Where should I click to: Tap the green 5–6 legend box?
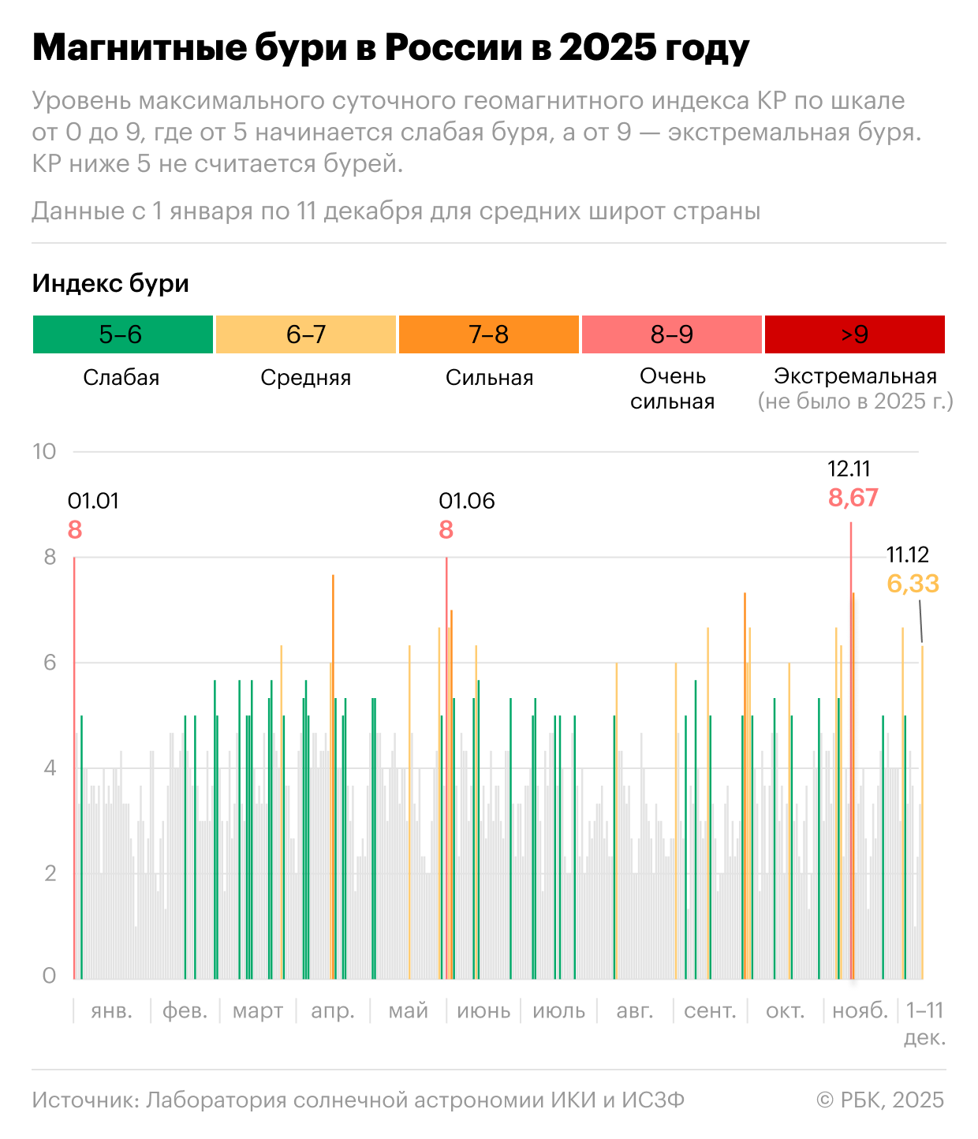[122, 334]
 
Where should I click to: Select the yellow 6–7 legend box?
[306, 334]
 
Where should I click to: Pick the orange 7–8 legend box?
[489, 334]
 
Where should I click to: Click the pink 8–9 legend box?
[672, 334]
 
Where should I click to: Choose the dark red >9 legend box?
[855, 334]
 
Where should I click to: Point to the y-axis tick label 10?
[44, 451]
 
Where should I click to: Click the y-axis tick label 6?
[50, 663]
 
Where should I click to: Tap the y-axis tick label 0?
[50, 976]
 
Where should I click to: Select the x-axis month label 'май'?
[409, 1010]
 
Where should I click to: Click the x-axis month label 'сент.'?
[710, 1010]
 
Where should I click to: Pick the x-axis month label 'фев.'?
[185, 1010]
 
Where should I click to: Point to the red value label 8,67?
[853, 498]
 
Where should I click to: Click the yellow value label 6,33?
[913, 584]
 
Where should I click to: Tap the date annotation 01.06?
[467, 501]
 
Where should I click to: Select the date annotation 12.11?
[849, 469]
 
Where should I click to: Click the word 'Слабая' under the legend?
[121, 378]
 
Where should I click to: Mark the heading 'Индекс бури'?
[110, 283]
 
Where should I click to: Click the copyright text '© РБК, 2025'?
[880, 1100]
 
